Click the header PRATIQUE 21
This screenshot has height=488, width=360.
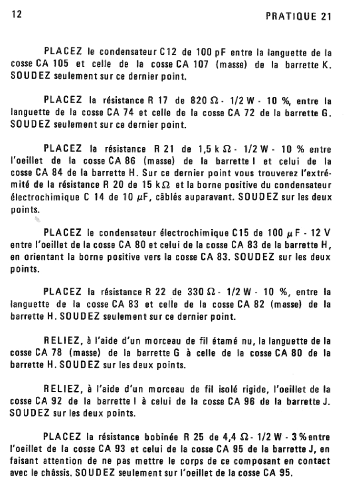298,17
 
